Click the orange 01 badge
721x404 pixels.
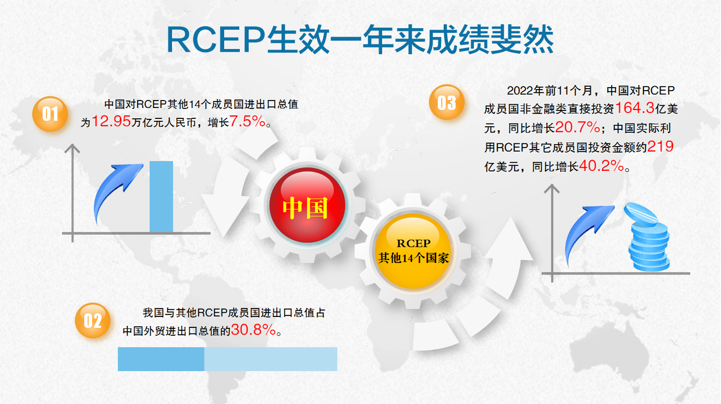(x=50, y=114)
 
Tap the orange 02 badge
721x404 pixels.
(x=92, y=320)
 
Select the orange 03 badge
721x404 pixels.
(x=446, y=102)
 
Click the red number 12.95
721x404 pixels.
(x=111, y=121)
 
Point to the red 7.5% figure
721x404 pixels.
(x=247, y=121)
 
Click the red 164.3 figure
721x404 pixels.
(x=634, y=108)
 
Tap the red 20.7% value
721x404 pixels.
(x=578, y=127)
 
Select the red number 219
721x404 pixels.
(x=660, y=146)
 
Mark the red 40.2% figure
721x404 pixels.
(x=601, y=166)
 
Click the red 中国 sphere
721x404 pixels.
(x=308, y=205)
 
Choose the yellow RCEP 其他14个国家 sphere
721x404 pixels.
(x=413, y=251)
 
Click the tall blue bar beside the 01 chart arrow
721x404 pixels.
(x=161, y=197)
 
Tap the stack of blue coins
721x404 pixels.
(x=647, y=237)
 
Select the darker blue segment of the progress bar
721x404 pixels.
(x=161, y=359)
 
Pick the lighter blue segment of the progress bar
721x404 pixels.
(x=271, y=359)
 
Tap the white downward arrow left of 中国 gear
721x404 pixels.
(x=225, y=197)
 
